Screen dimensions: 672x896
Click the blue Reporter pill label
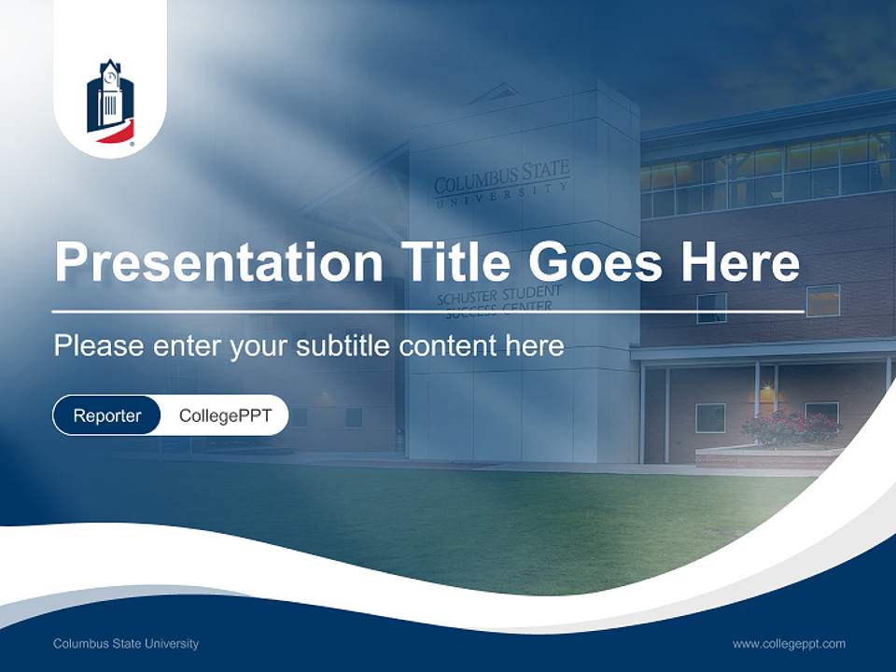(x=107, y=415)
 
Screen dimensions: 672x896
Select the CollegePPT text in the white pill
(x=225, y=415)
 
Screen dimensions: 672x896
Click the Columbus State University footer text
(x=126, y=643)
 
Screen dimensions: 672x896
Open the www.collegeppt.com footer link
(x=789, y=643)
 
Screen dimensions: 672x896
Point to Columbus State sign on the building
(x=501, y=178)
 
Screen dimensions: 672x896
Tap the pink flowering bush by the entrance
(x=791, y=428)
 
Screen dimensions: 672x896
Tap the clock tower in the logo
(x=111, y=91)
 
